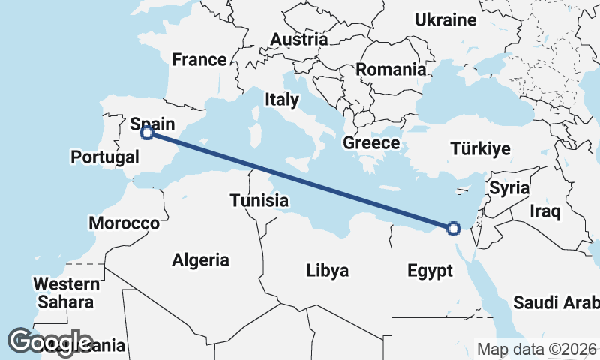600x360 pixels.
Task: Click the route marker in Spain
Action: [147, 133]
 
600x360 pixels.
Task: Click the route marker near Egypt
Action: [453, 228]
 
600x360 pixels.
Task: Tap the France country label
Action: [199, 60]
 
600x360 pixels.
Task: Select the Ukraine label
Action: [445, 20]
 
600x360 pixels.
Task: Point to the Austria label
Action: [299, 40]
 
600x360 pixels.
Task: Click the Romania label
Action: [391, 70]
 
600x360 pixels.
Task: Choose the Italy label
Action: [281, 99]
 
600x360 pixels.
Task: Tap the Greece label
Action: [370, 142]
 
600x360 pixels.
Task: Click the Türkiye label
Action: [481, 149]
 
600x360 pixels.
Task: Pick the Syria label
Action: [509, 188]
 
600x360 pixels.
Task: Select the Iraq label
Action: [544, 211]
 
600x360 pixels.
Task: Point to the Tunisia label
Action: [259, 201]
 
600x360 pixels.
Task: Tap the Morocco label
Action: [124, 223]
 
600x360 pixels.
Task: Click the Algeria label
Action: [200, 260]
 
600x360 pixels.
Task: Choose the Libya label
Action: [327, 270]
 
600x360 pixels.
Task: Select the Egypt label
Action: [430, 270]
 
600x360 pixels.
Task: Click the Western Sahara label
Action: [67, 293]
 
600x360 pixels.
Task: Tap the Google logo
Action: [49, 342]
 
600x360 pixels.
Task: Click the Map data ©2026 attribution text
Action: [537, 349]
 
